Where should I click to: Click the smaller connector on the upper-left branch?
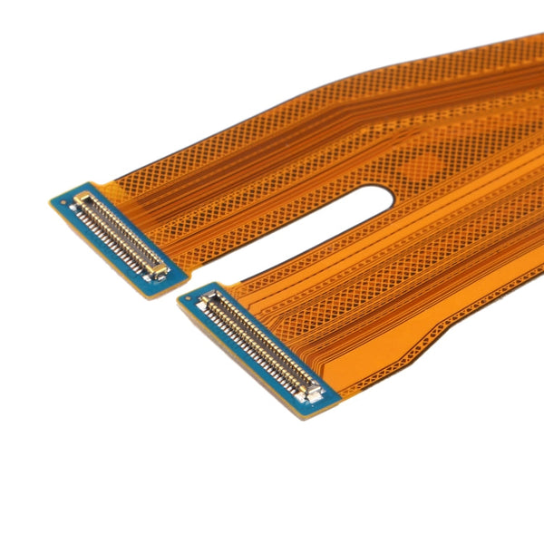[121, 234]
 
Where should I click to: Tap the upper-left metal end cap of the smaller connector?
[83, 198]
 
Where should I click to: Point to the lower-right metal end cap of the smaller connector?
[158, 270]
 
